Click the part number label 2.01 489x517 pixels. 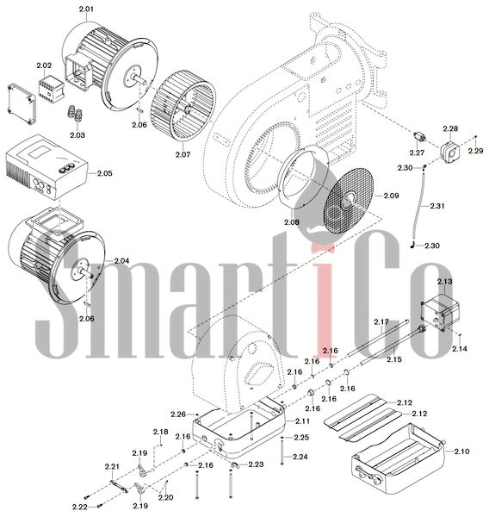(x=86, y=9)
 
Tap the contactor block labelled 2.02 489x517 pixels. (x=49, y=90)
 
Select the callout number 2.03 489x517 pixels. (x=77, y=135)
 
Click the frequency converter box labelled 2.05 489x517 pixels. (x=47, y=167)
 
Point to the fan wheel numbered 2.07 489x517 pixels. (x=183, y=107)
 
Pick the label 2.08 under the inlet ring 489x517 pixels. (x=292, y=222)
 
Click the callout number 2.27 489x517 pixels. (x=417, y=153)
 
